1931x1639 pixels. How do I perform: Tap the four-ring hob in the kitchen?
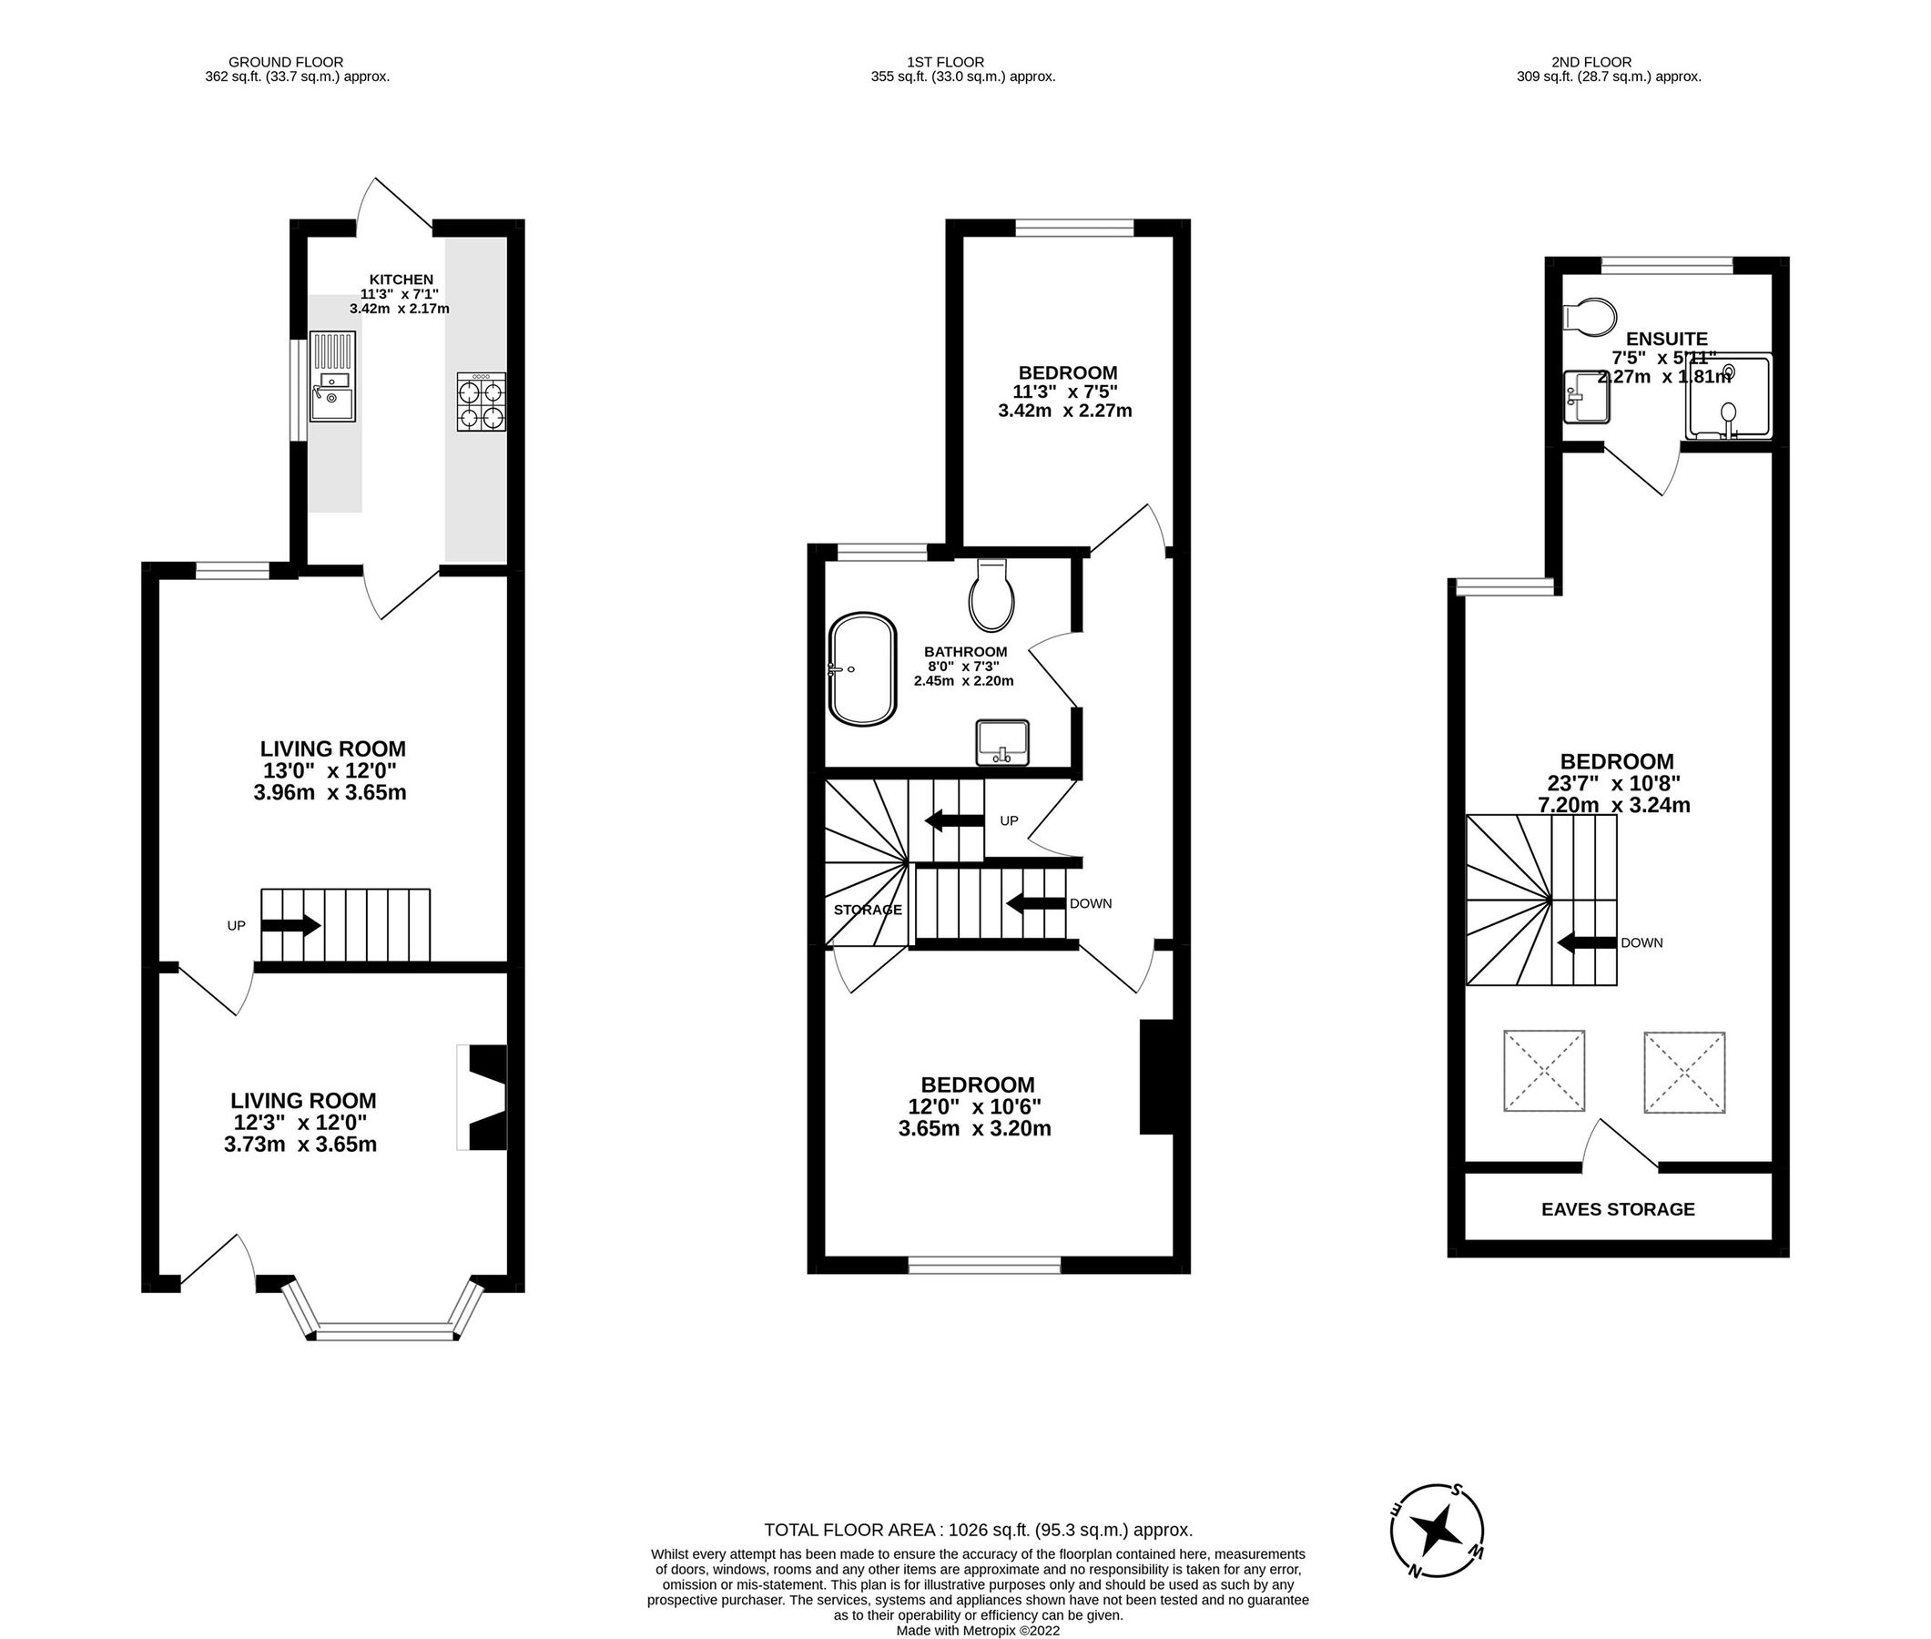481,402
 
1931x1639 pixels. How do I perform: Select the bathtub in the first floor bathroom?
863,668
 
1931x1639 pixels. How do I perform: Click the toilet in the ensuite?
1590,316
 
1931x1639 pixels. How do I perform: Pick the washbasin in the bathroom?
1001,741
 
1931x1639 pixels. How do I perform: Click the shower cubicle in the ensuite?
1728,397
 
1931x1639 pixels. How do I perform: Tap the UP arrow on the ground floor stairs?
290,925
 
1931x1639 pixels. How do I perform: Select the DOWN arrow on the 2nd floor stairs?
1589,942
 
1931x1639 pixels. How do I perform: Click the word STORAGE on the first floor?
867,910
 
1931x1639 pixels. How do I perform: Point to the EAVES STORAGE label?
1617,1209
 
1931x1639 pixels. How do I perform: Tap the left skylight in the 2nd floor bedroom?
1544,1071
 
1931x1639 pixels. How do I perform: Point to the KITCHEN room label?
401,279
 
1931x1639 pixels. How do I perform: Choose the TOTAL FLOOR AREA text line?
977,1530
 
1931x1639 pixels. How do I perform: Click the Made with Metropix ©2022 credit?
977,1630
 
